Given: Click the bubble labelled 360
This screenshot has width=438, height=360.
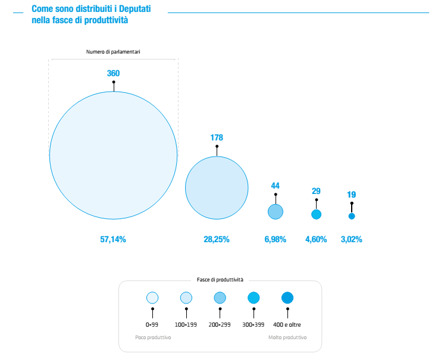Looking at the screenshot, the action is tap(114, 155).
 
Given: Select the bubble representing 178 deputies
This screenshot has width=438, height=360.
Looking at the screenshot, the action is tap(217, 187).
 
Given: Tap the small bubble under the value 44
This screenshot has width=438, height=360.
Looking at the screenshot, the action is tap(276, 212).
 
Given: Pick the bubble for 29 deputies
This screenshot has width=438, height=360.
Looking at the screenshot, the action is tap(316, 214).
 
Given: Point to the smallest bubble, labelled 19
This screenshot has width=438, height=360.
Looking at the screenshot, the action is tap(352, 216).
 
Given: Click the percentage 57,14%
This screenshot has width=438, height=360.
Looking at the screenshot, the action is tap(113, 239).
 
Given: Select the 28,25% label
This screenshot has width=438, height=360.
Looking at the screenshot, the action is tap(217, 239).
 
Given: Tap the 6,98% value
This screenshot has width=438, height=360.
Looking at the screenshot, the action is tap(276, 239).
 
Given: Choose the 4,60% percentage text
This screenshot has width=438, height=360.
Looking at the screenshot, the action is tap(316, 239).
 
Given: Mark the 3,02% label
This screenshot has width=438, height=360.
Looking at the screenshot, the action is tap(351, 239).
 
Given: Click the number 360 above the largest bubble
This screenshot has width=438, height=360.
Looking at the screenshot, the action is tap(114, 73).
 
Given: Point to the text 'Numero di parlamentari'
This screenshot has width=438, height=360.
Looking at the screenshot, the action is tap(113, 52).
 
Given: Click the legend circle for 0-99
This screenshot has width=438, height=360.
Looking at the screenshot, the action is tap(152, 298).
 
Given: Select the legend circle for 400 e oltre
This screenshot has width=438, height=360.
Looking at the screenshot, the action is tap(287, 298).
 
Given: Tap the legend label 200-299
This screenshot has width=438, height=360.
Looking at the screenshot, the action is tap(220, 324).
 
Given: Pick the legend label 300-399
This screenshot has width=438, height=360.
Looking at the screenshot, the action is tap(254, 324).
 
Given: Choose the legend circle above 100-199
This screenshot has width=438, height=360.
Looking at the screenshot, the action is tap(186, 298).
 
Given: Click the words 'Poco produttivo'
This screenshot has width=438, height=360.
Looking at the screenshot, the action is tap(153, 337).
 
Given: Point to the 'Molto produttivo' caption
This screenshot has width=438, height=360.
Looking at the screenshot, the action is tap(287, 337).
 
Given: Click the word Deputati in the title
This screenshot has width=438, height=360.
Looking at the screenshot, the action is tap(135, 9).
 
